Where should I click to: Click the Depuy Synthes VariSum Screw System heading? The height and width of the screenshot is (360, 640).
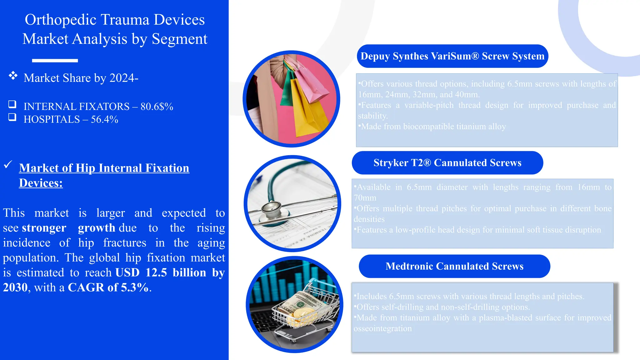(x=452, y=56)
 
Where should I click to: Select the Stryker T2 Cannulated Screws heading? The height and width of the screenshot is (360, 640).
(x=447, y=163)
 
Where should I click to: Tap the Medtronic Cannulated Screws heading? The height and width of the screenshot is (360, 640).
(x=454, y=266)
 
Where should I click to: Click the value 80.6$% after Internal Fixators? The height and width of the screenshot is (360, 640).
(x=157, y=107)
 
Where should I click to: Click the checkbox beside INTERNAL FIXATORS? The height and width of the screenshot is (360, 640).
(x=12, y=104)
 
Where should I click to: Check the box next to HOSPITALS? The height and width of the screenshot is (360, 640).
(x=12, y=117)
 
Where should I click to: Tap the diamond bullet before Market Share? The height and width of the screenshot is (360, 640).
(x=13, y=75)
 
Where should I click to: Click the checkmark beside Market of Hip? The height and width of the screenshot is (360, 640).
(x=8, y=164)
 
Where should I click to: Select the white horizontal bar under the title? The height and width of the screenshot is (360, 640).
(x=55, y=61)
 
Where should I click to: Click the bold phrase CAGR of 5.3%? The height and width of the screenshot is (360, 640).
(x=108, y=287)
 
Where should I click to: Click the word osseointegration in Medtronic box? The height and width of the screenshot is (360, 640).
(x=382, y=328)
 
